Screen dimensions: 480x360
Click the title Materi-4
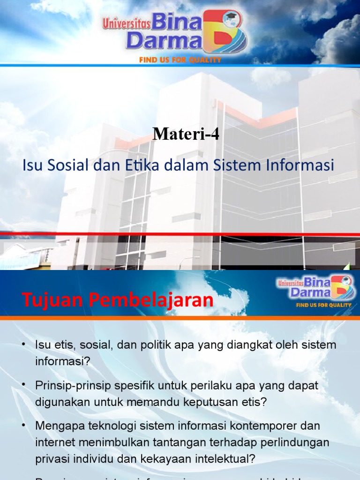coord(186,135)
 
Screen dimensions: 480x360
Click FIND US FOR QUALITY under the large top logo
coord(180,60)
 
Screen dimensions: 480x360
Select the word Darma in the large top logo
coord(164,41)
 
